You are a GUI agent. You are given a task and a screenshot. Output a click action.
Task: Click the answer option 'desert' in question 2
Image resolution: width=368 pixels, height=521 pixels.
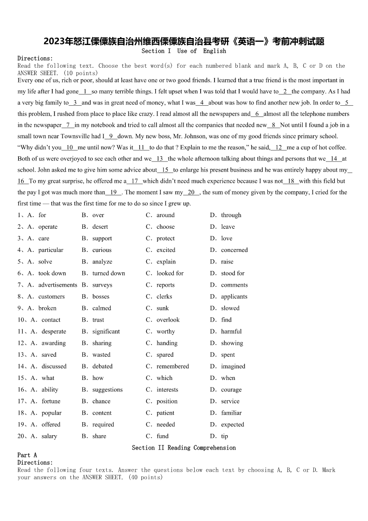tap(100, 227)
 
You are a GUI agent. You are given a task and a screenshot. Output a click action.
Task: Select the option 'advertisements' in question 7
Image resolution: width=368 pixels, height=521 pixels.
tap(57, 285)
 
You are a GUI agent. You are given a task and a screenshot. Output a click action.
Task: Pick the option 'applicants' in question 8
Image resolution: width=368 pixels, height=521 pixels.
tap(234, 296)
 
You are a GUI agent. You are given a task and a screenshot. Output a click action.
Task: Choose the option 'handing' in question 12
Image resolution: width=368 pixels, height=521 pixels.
tap(167, 343)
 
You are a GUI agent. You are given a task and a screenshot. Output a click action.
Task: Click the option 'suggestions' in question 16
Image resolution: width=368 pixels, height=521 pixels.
tap(108, 390)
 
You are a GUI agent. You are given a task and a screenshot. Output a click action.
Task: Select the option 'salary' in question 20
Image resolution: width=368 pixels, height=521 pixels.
tap(49, 436)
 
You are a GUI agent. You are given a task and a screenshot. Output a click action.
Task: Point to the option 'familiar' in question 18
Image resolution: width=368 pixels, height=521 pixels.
tap(231, 413)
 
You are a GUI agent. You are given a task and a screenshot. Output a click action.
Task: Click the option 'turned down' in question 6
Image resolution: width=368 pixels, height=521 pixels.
tap(108, 273)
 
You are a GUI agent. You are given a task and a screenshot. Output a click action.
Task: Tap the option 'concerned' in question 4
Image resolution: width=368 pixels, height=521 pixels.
tap(234, 250)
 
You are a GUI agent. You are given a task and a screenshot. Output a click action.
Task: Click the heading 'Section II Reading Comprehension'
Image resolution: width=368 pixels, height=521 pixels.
tap(184, 448)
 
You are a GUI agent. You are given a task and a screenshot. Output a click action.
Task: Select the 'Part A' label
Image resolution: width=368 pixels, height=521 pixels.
tap(27, 455)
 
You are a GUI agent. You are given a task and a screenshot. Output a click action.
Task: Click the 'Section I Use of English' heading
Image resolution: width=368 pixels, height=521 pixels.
tap(184, 51)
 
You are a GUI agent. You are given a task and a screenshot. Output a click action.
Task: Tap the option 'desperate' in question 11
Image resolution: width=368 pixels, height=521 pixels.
tap(54, 332)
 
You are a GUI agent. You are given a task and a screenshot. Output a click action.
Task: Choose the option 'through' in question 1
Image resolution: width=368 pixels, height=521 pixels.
tap(231, 215)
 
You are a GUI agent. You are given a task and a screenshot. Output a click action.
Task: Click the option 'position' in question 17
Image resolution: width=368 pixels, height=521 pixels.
tap(167, 401)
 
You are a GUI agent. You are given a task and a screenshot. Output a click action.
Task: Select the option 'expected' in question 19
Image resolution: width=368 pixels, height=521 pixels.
tap(232, 425)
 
